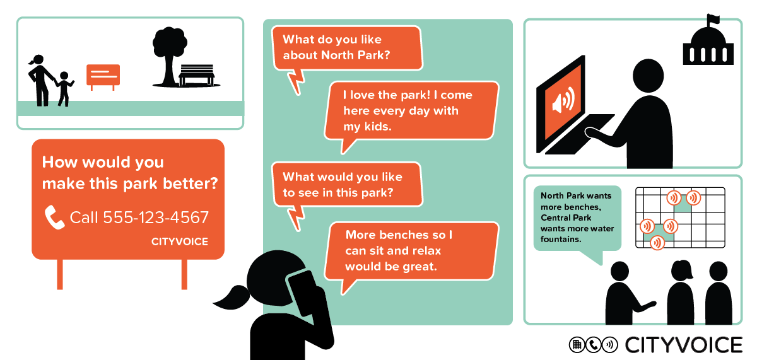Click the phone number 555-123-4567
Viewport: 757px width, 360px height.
(x=156, y=217)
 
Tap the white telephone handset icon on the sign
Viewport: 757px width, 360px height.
(x=54, y=217)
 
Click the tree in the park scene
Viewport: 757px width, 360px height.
(x=169, y=56)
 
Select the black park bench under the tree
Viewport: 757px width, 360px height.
(x=196, y=75)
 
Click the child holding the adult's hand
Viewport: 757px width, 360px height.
(x=64, y=89)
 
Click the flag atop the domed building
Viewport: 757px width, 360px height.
(x=713, y=19)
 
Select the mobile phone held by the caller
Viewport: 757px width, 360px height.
(x=302, y=293)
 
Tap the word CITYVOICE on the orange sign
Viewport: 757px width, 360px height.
(x=179, y=241)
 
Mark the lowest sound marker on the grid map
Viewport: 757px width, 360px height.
(x=657, y=243)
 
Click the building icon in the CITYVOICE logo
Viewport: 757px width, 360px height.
(x=577, y=345)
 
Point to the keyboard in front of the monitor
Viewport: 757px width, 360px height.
(x=580, y=134)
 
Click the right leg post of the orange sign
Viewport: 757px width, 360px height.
(x=184, y=274)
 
